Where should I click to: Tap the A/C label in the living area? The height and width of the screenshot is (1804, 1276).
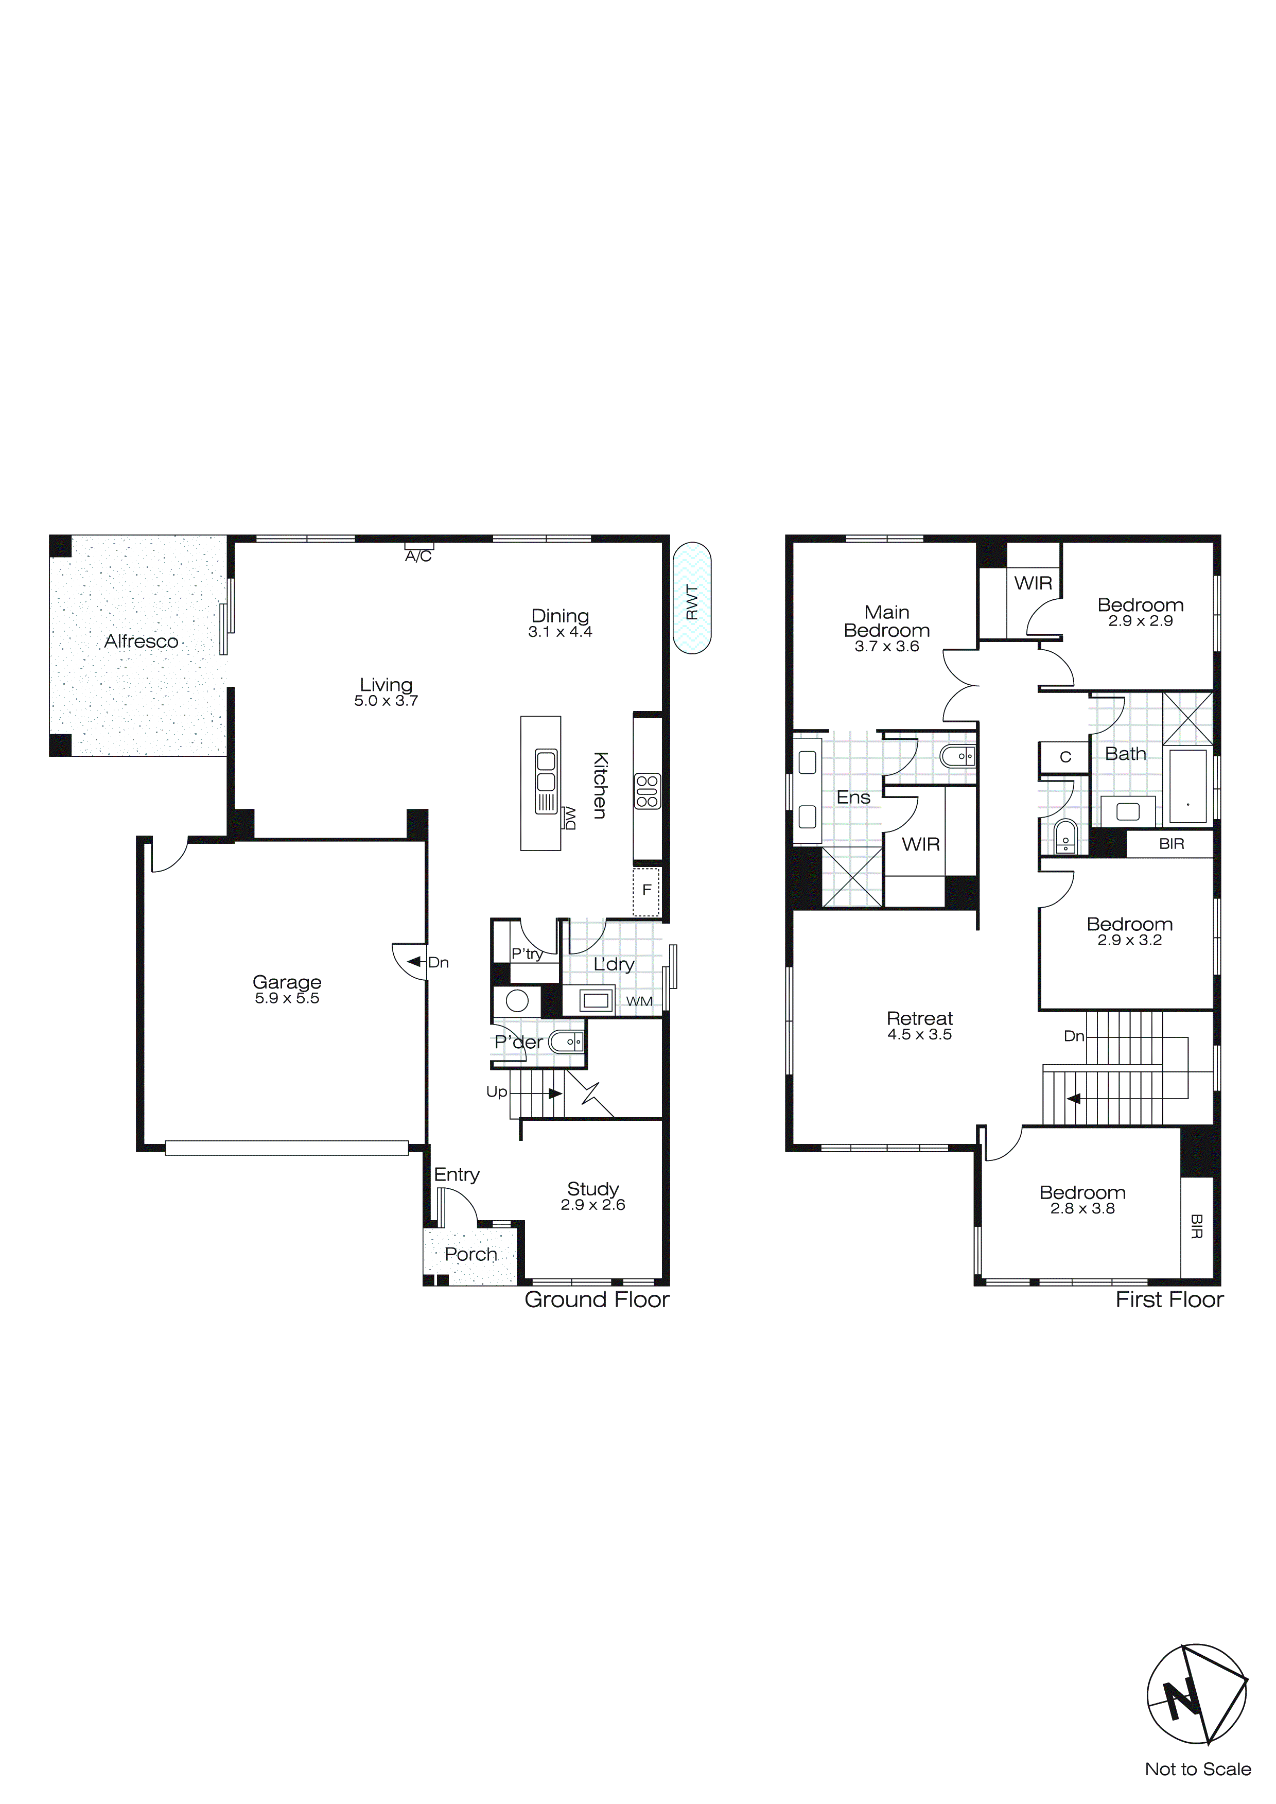[x=418, y=557]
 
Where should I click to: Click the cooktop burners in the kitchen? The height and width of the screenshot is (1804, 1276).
[x=646, y=791]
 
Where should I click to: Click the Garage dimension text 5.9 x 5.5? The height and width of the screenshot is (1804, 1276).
[x=287, y=999]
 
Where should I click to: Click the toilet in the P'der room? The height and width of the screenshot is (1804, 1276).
[x=566, y=1043]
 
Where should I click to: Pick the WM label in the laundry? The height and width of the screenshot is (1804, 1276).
[x=639, y=1002]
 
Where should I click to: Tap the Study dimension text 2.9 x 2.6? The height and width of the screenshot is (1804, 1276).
[x=592, y=1205]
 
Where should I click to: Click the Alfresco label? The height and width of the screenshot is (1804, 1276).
[x=142, y=642]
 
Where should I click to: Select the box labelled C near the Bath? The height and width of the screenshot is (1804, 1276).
[x=1065, y=757]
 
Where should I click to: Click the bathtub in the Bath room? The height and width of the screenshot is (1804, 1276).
[x=1187, y=786]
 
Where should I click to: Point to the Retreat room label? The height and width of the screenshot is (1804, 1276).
[x=919, y=1018]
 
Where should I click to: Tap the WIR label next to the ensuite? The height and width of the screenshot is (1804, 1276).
[x=920, y=845]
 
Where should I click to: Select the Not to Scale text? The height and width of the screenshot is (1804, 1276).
[x=1197, y=1770]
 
